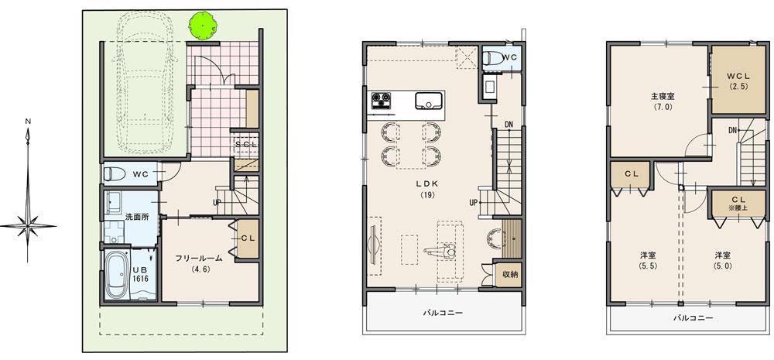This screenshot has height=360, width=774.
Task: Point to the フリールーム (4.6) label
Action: [x=197, y=264]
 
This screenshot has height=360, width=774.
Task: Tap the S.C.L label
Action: [x=247, y=145]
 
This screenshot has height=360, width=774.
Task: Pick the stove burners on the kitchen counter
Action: [x=382, y=101]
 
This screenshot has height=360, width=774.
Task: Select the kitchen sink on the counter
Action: [x=428, y=101]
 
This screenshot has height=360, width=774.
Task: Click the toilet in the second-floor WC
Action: [x=491, y=59]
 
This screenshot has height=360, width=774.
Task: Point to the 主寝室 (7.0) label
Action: [x=662, y=101]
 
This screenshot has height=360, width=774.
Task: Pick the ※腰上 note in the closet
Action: [x=736, y=207]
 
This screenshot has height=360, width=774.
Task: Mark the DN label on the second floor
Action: [x=508, y=125]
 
